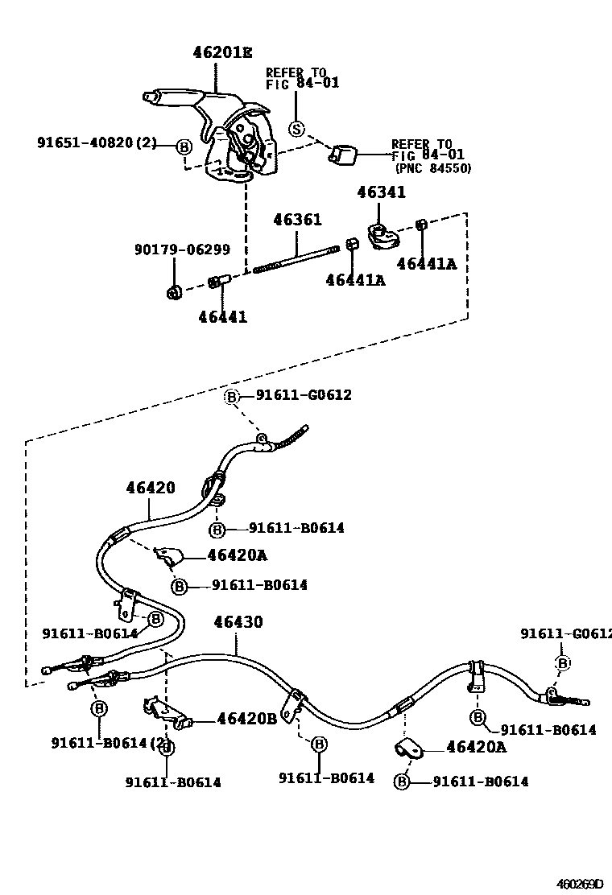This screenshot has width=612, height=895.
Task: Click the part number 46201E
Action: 222,53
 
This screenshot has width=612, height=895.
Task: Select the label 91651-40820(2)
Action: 97,144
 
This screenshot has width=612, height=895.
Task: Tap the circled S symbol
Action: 297,128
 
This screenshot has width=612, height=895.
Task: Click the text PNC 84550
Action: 433,168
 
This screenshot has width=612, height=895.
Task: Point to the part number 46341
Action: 382,192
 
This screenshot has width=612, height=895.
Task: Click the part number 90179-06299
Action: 182,250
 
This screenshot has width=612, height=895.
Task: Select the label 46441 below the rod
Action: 222,317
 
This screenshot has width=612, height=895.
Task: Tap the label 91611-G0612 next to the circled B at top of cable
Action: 304,395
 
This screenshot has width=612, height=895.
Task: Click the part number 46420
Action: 150,488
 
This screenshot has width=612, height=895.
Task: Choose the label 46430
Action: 238,622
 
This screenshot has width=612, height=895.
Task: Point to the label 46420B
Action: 246,719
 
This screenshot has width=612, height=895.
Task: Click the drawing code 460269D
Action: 581,884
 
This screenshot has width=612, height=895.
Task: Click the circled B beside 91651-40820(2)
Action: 184,146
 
